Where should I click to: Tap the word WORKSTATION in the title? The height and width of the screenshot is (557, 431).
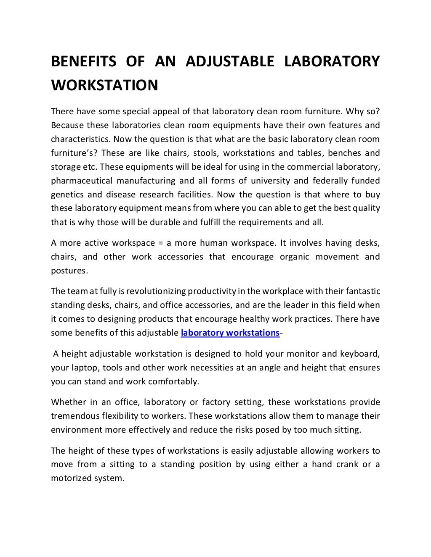click(x=104, y=85)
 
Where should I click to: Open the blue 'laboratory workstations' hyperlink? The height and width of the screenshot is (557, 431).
click(x=230, y=333)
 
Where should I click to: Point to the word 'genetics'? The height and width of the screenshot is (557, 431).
click(x=65, y=194)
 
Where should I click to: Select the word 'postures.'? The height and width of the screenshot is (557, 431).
click(x=69, y=271)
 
